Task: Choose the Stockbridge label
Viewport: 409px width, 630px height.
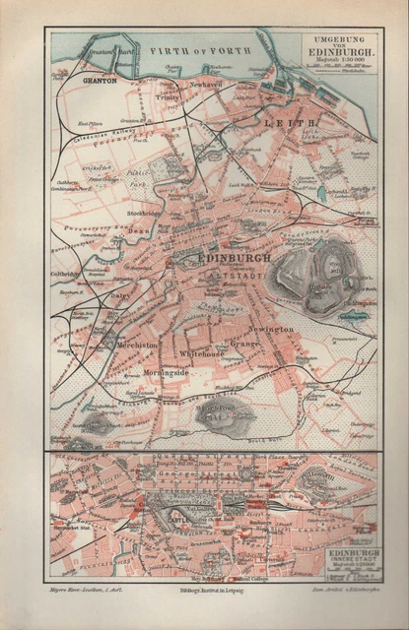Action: click(144, 214)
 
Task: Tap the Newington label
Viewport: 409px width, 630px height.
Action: click(272, 328)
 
